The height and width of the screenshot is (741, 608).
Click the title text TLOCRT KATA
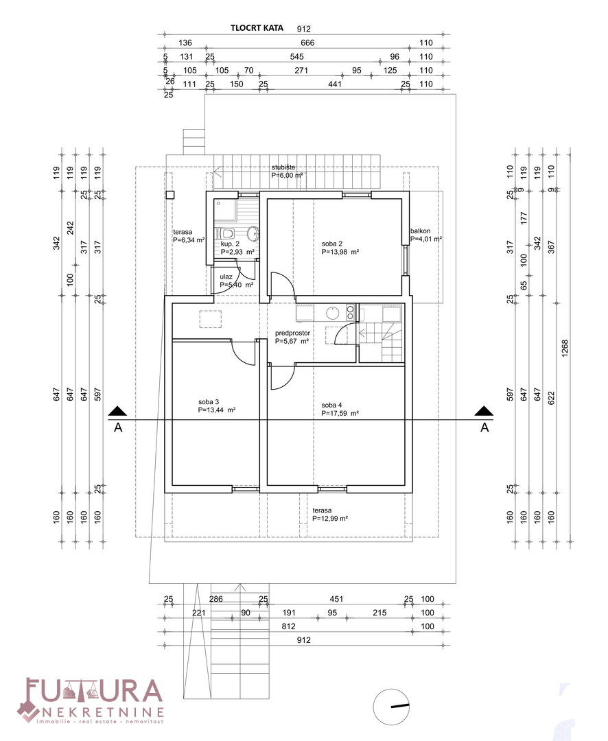tap(257, 28)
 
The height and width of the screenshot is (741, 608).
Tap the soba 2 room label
tap(332, 244)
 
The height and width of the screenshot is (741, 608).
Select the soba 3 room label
tap(209, 402)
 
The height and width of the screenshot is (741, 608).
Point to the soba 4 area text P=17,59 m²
tap(340, 413)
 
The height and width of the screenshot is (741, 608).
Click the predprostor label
tap(292, 333)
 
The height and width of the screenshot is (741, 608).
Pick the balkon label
tap(420, 231)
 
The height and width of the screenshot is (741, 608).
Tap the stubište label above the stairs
tap(283, 167)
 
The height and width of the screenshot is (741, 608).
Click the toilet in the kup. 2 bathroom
tap(225, 233)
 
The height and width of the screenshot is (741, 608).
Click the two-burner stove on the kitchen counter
tap(351, 312)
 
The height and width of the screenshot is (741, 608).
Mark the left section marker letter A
tap(118, 427)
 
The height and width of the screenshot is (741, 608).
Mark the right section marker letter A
tap(484, 427)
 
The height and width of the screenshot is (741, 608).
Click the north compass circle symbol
tap(391, 707)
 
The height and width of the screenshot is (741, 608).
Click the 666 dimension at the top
tap(307, 43)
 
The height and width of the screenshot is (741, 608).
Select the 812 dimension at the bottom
tap(288, 626)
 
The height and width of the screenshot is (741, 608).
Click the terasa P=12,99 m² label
tap(331, 514)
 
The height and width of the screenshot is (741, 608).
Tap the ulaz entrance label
tap(226, 277)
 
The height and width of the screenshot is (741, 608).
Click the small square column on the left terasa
tap(170, 195)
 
